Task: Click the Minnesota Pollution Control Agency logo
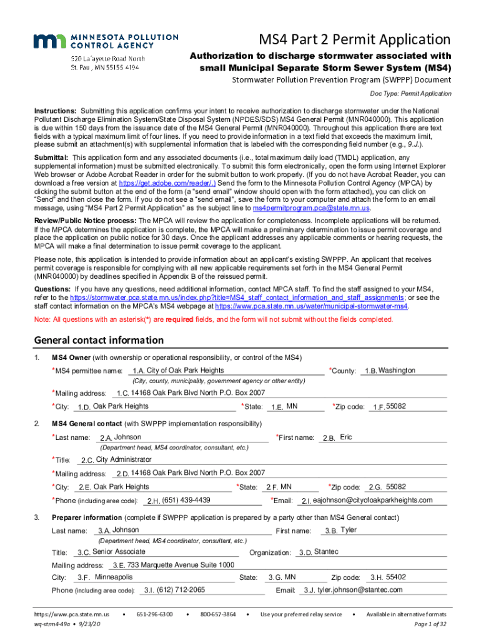tap(94, 41)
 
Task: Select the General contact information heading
tap(99, 341)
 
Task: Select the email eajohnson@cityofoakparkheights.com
tap(372, 501)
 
